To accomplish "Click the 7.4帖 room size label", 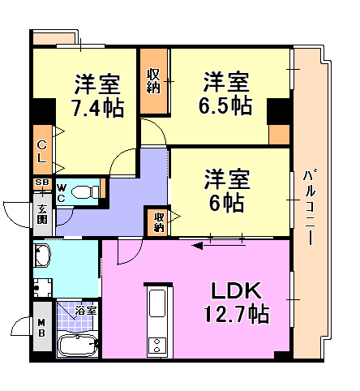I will click(x=98, y=107).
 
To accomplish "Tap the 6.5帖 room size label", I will click(x=226, y=105).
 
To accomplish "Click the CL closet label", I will click(x=41, y=152).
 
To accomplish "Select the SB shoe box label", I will click(x=41, y=184).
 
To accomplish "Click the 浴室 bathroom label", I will click(x=86, y=311).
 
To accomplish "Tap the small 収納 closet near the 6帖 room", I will click(x=158, y=221).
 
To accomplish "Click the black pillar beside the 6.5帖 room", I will click(x=279, y=110).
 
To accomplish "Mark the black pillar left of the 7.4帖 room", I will click(x=42, y=110).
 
